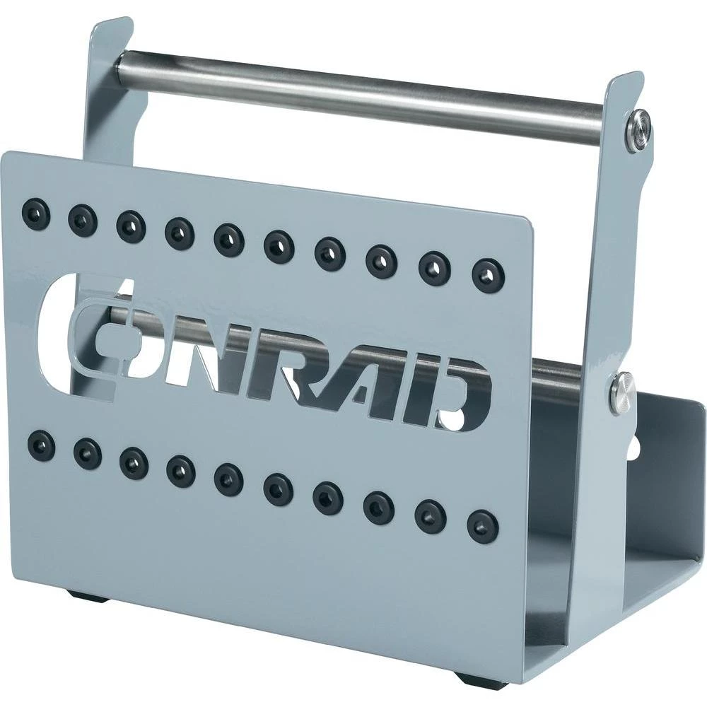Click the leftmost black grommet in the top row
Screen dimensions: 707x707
click(x=35, y=211)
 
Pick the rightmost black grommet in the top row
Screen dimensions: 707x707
click(x=488, y=274)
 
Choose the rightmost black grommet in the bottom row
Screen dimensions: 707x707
click(x=483, y=527)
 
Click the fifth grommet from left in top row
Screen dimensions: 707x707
click(x=228, y=239)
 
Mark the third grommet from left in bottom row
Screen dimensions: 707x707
click(x=133, y=462)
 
